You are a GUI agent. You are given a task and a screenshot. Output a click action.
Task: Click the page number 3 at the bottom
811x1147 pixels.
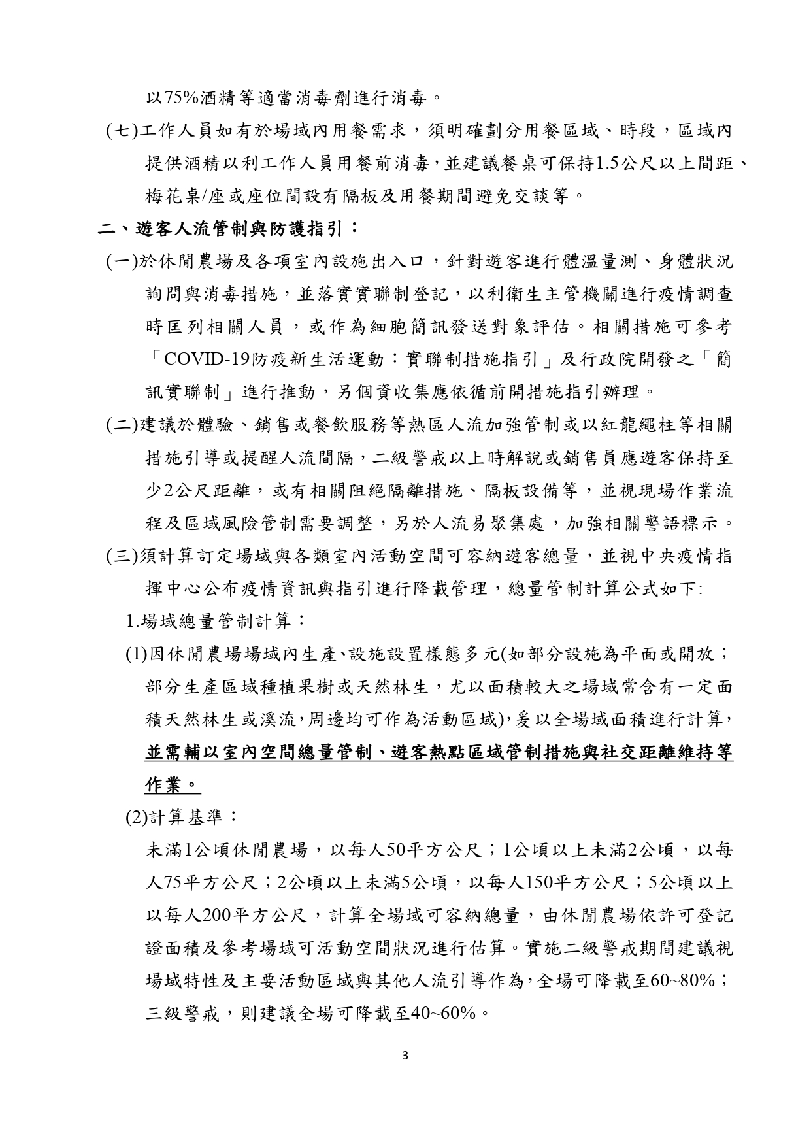click(405, 1055)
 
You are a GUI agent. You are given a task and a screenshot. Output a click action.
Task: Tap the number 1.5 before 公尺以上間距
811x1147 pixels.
click(603, 163)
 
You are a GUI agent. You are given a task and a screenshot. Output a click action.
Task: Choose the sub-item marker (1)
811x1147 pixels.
click(137, 654)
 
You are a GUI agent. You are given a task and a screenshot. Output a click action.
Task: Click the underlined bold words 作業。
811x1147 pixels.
click(172, 784)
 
